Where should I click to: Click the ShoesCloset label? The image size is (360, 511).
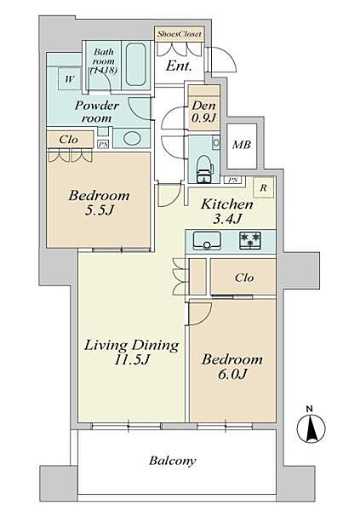tap(180, 33)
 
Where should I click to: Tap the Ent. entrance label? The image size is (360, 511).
tap(178, 66)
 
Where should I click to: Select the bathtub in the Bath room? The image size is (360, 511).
tap(135, 65)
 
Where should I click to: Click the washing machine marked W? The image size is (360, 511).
tap(69, 79)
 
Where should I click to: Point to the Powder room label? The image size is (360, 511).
tap(96, 112)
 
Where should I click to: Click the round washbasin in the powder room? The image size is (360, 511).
tap(132, 138)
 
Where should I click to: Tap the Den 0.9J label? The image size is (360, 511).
tap(204, 111)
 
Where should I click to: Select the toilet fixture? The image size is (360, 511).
tap(205, 169)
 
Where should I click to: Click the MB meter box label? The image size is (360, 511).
tap(242, 145)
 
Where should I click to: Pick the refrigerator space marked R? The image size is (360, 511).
tap(264, 187)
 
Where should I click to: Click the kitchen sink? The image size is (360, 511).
tap(207, 240)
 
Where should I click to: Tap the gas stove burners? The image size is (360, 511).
tap(250, 240)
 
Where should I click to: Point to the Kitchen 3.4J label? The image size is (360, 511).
tap(227, 211)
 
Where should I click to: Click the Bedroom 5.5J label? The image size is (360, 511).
tap(99, 203)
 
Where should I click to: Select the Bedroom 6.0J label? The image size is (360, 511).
tap(232, 366)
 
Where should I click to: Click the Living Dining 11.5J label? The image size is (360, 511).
tap(132, 352)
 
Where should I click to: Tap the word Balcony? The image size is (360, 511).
tap(173, 461)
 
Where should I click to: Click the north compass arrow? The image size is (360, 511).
tap(311, 429)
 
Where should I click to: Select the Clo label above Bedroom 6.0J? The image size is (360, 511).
tap(244, 278)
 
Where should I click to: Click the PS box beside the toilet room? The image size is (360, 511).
tap(232, 180)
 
